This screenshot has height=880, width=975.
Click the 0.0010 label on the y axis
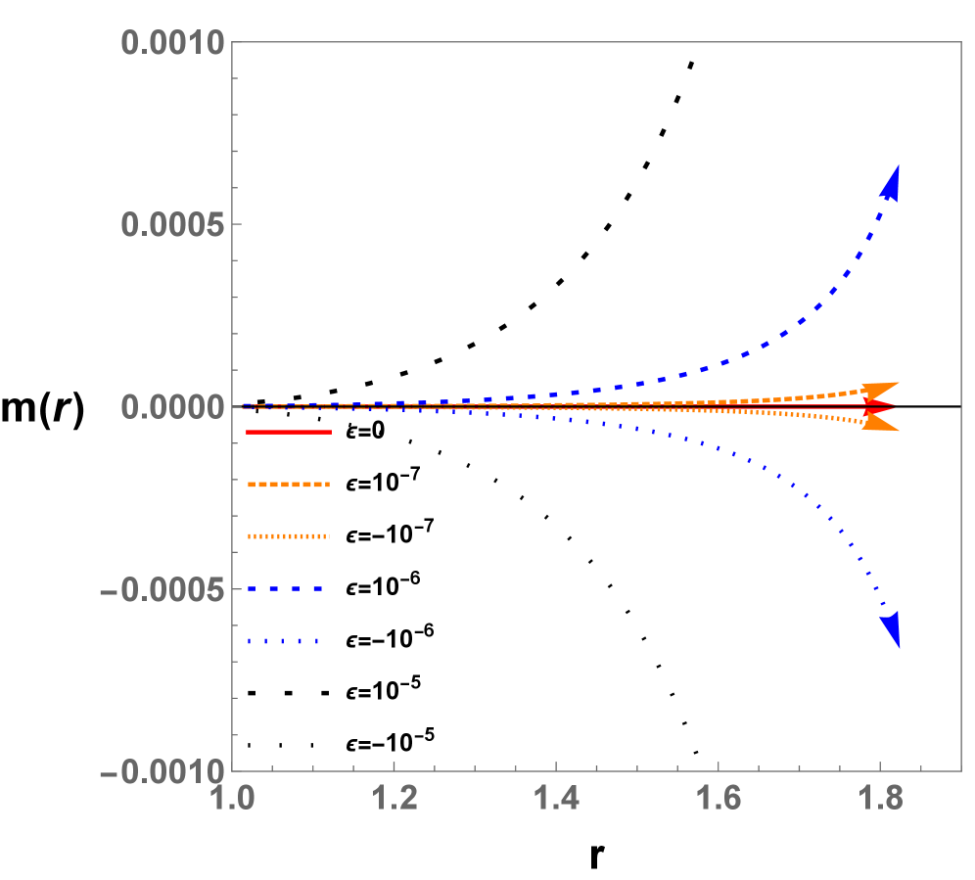(172, 42)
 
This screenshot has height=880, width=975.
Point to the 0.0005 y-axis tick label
(172, 224)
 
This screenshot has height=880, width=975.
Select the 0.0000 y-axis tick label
(172, 406)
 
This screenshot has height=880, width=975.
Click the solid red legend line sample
(289, 432)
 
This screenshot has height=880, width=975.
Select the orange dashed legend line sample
(289, 485)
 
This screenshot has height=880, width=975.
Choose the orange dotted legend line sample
(289, 536)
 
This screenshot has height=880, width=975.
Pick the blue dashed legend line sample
(285, 589)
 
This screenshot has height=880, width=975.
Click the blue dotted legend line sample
(284, 641)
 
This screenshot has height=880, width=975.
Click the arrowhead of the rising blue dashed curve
(891, 183)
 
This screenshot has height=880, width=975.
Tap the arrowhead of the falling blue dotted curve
(891, 628)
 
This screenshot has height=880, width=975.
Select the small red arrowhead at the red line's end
(878, 405)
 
